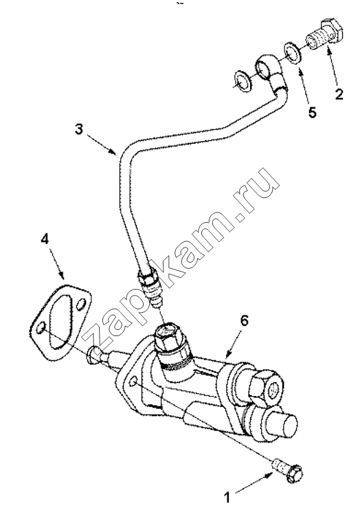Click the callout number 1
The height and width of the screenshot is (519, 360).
click(227, 497)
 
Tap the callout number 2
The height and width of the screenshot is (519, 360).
click(339, 93)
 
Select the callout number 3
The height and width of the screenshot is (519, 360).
click(78, 129)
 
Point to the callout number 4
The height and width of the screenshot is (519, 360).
click(45, 239)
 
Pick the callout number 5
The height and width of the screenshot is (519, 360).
click(312, 112)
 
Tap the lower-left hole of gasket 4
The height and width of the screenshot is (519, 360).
click(41, 329)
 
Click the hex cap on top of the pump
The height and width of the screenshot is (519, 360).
click(168, 336)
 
